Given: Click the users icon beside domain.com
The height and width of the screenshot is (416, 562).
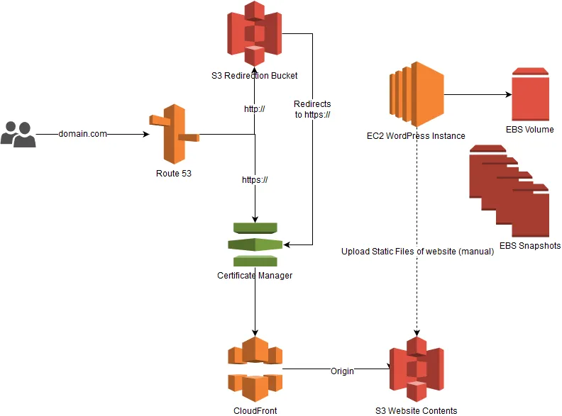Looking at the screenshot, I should [18, 134].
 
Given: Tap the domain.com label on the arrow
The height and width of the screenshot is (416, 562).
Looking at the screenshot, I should [82, 134].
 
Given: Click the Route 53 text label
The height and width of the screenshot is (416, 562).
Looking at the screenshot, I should [174, 173].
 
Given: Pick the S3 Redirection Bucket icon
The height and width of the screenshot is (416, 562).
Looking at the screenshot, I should [254, 34].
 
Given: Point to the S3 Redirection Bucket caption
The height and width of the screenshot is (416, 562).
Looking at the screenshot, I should [254, 75].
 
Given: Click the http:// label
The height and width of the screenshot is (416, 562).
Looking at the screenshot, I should [254, 109].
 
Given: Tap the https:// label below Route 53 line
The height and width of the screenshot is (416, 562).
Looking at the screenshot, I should [255, 180].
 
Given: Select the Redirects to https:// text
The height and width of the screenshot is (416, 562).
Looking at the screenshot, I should [312, 109].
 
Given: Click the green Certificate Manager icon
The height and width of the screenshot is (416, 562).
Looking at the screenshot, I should [255, 244].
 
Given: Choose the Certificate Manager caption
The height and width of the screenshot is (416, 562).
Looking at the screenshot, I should [255, 276].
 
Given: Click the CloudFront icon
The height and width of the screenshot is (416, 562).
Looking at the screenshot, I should [255, 368].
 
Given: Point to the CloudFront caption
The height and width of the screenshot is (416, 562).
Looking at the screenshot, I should [255, 410].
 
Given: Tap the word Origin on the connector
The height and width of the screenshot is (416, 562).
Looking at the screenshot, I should [343, 371].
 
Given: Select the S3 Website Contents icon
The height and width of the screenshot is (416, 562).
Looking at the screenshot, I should [416, 368].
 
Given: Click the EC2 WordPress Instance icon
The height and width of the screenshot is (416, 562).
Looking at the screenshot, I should [416, 94].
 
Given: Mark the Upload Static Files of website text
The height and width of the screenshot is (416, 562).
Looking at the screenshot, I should [417, 252].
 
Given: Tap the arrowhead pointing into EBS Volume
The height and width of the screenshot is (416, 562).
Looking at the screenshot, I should [507, 94].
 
